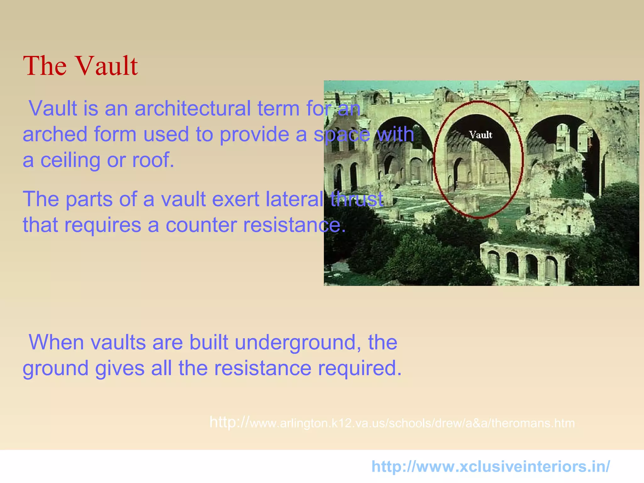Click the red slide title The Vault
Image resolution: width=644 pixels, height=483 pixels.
(80, 66)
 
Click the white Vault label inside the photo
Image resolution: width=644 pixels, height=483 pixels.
(480, 135)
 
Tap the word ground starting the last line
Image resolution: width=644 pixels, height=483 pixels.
(55, 369)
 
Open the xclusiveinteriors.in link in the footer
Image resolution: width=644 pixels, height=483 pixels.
(491, 466)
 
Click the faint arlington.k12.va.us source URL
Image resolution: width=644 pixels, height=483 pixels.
(392, 423)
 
